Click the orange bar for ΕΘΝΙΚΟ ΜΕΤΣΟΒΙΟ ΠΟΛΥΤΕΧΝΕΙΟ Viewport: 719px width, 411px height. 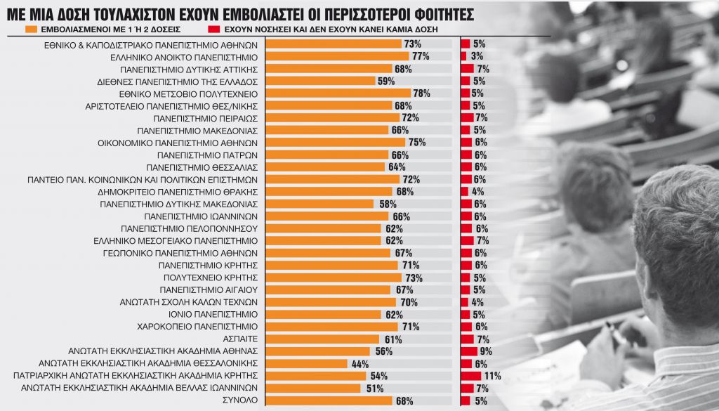338,93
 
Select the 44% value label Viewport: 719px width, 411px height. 359,364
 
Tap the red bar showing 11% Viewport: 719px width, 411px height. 470,376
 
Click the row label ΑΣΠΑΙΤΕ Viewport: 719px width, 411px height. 242,339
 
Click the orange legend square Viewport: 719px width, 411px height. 31,31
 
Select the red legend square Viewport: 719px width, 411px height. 212,31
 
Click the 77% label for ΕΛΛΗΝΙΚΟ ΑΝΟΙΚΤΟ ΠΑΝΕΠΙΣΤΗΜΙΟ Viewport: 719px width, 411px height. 420,56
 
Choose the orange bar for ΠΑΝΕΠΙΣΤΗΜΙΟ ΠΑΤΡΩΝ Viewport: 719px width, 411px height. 326,155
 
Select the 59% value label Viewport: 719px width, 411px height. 387,81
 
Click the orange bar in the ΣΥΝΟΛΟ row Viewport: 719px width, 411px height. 329,400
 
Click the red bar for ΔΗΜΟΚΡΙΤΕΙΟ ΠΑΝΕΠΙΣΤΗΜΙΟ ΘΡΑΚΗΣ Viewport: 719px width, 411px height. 464,191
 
